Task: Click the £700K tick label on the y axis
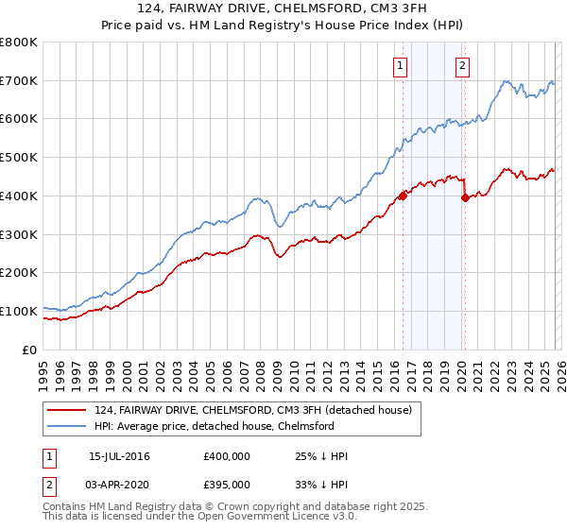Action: tap(19, 81)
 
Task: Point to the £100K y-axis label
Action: tap(19, 311)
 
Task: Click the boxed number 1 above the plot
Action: tap(402, 66)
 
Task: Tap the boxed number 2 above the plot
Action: tap(463, 66)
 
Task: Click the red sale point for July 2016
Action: tap(403, 196)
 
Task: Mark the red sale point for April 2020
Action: tap(464, 197)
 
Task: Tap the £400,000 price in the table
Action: tap(227, 457)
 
